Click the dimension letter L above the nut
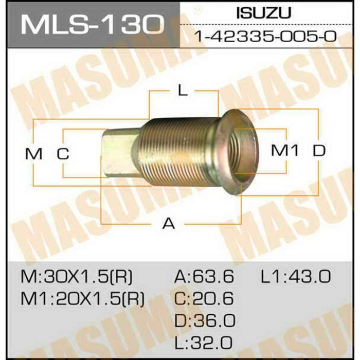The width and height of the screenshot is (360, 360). point(182,92)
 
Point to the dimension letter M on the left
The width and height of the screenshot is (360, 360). point(33,153)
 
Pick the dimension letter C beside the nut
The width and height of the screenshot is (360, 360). point(63,153)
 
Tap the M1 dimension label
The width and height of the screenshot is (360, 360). point(284,151)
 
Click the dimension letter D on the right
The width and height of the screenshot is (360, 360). point(319,151)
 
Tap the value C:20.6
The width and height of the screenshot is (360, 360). point(204,299)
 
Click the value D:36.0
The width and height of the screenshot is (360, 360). point(204,321)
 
